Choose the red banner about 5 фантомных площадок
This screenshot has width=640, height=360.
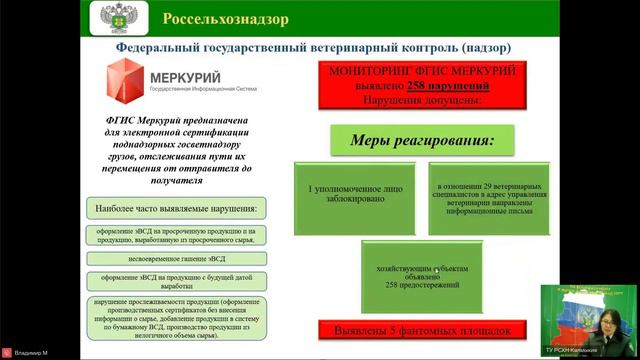coord(422,330)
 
